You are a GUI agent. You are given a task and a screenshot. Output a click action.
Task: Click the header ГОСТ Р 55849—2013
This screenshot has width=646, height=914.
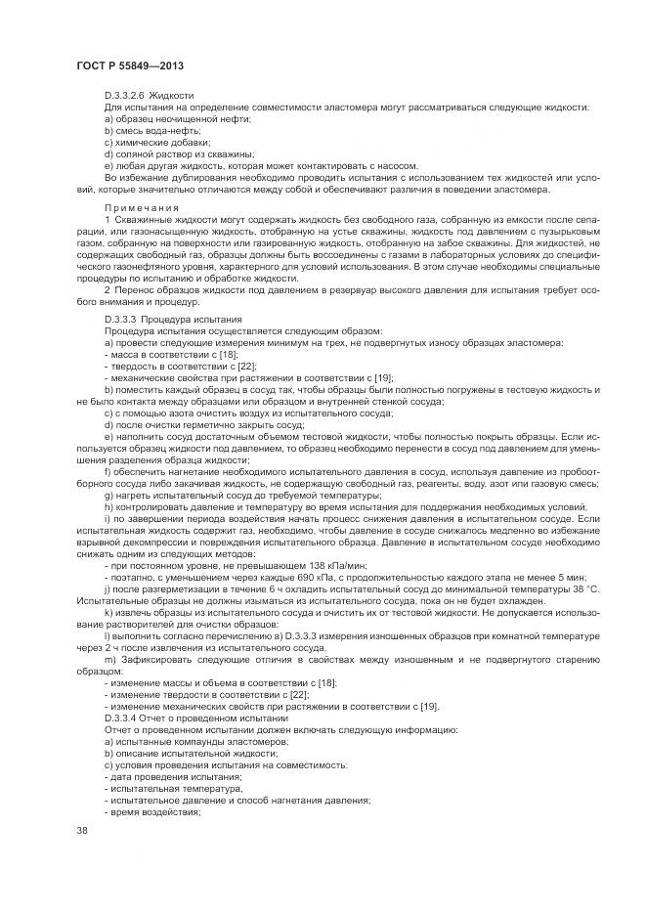130,65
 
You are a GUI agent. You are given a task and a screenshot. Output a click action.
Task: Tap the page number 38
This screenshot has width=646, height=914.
81,831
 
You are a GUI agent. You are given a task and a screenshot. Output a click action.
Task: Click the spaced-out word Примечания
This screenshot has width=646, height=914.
142,207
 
